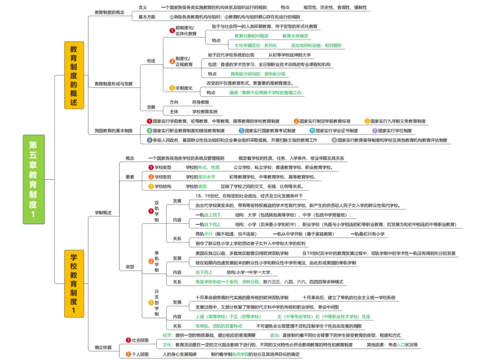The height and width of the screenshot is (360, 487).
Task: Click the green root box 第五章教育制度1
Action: click(34, 179)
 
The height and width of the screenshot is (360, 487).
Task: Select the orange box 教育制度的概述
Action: click(74, 75)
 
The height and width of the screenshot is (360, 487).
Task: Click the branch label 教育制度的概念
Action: click(110, 12)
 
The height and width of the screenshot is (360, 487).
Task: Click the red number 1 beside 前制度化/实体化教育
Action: click(172, 31)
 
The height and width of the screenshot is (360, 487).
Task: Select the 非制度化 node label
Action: click(184, 88)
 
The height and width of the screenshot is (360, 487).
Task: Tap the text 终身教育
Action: click(201, 102)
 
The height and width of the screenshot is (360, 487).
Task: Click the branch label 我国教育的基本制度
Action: click(114, 131)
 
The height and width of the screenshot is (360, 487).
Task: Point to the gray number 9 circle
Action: click(334, 140)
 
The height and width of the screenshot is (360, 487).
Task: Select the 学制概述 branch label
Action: click(103, 212)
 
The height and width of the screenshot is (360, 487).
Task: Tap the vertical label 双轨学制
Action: click(156, 211)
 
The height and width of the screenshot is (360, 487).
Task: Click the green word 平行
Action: click(208, 234)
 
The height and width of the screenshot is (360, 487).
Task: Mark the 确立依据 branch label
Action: click(103, 347)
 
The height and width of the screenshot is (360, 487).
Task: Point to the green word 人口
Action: click(400, 345)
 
